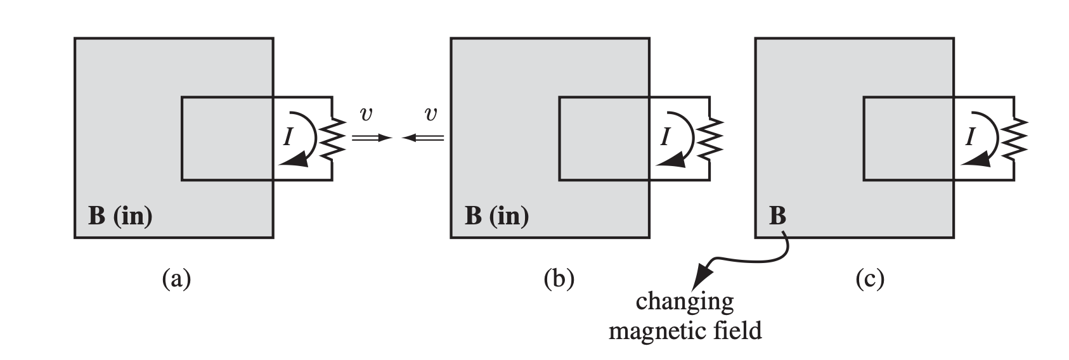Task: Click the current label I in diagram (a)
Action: [287, 137]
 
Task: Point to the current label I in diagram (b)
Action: [664, 137]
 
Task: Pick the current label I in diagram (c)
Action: [969, 137]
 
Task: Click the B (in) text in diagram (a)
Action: [120, 216]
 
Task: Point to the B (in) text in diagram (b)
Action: [496, 216]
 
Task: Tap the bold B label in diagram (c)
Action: [777, 216]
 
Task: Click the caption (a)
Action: [176, 279]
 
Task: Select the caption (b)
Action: [559, 279]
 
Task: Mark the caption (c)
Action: [869, 279]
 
